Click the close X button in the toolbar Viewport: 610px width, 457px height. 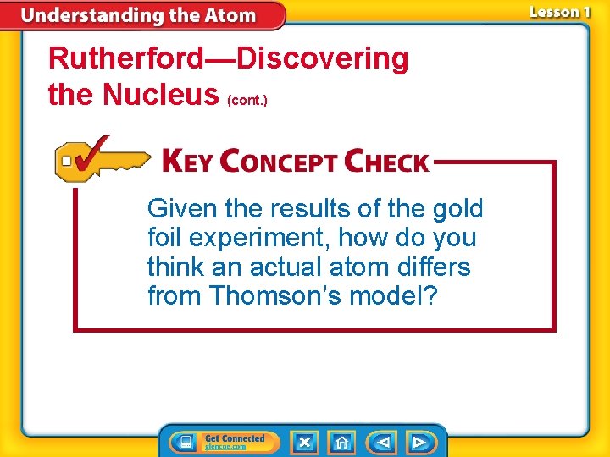304,442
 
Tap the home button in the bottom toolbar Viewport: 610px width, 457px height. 341,442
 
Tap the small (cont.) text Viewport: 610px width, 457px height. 247,100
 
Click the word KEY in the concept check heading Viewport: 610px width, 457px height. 187,162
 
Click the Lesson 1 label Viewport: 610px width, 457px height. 559,12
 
